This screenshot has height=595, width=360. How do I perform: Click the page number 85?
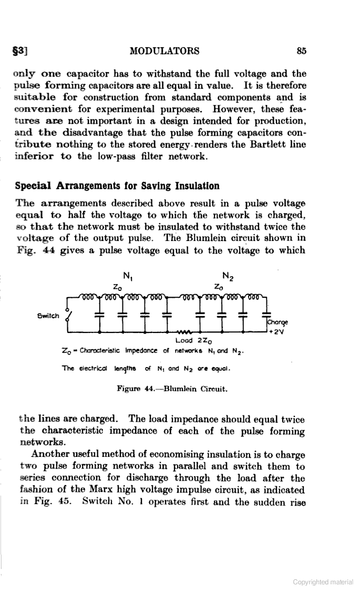coord(301,51)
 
